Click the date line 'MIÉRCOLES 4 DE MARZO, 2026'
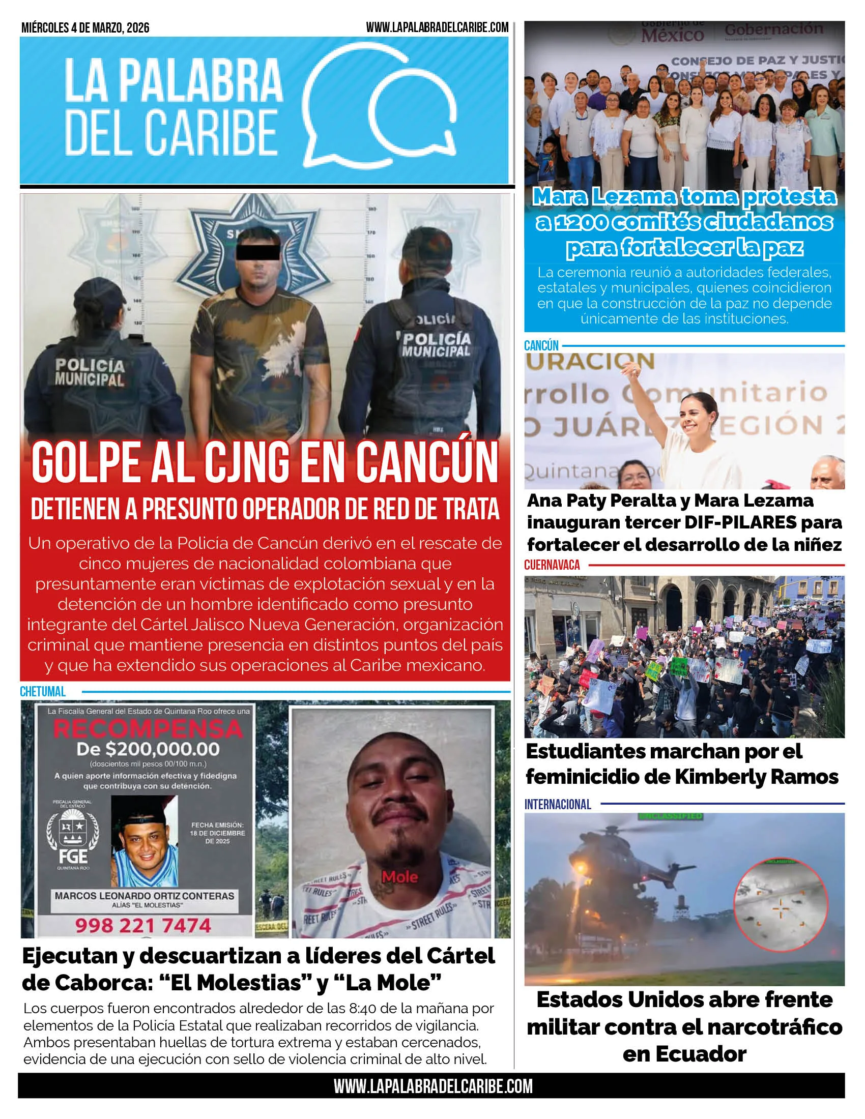[x=85, y=28]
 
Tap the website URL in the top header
[x=437, y=27]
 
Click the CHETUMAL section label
[x=43, y=692]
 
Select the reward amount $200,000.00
[x=148, y=750]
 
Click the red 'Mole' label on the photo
[x=400, y=877]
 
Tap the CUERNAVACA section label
[x=552, y=565]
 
